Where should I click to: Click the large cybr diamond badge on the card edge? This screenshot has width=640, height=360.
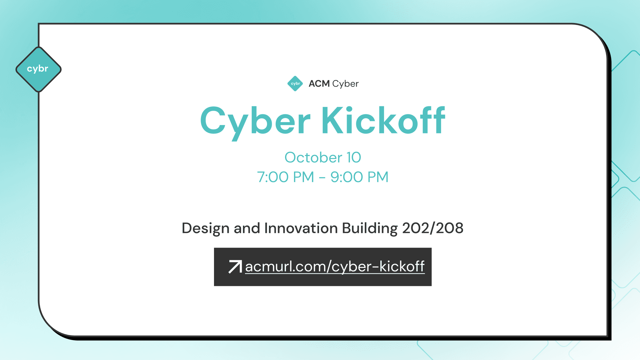point(38,69)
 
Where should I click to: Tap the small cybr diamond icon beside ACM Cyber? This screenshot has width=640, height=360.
point(295,83)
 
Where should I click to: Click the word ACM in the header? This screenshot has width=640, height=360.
point(319,83)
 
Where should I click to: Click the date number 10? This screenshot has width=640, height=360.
point(354,157)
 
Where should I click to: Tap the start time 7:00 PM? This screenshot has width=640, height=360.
point(285,177)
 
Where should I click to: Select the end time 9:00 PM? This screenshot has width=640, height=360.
point(359,177)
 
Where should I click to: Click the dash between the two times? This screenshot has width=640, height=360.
point(322,178)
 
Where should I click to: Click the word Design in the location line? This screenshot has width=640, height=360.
point(205,228)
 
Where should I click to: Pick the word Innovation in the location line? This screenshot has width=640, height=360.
point(301,228)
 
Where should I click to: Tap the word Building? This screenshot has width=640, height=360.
point(370,228)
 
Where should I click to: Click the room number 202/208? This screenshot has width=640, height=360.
point(433,228)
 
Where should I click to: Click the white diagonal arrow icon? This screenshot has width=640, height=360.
point(235,267)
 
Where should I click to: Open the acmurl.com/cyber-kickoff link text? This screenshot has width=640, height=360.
point(335,267)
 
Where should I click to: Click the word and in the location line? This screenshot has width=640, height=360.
point(247,228)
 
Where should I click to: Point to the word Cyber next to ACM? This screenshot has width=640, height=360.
point(345,84)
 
